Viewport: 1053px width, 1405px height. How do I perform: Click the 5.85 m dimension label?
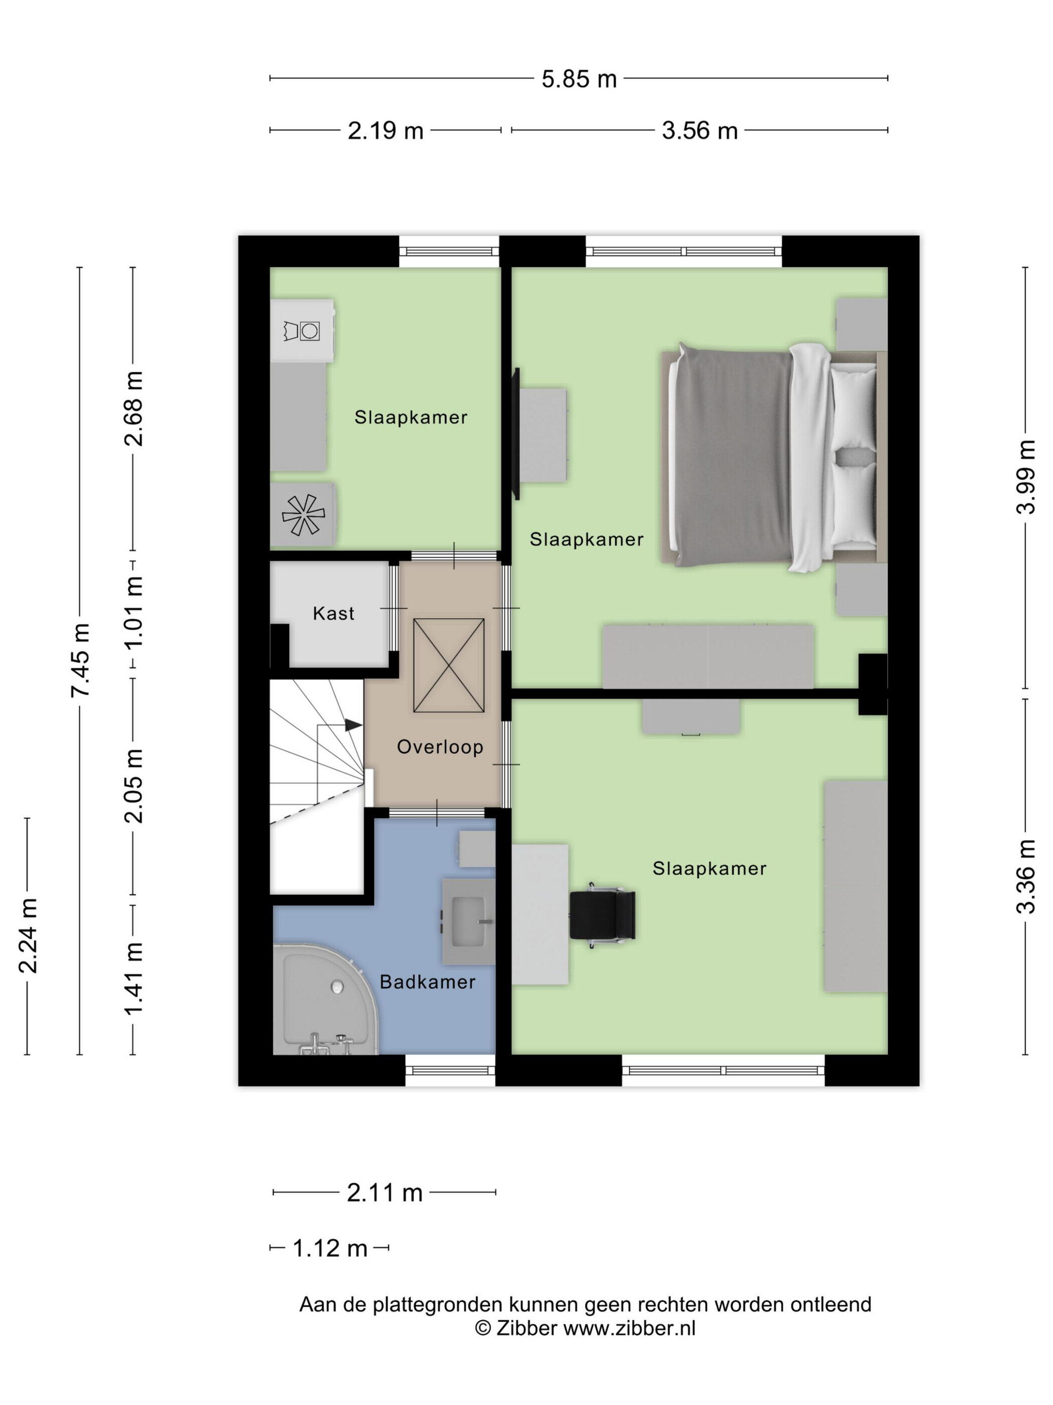579,79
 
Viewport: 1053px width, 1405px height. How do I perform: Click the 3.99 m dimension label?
1026,476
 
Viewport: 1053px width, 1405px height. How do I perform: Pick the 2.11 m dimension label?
385,1193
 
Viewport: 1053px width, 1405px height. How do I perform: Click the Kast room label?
333,613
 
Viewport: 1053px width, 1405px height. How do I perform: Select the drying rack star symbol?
303,514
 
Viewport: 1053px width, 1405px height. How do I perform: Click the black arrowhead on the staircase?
354,724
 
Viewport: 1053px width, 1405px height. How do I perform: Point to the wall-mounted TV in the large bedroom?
516,434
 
